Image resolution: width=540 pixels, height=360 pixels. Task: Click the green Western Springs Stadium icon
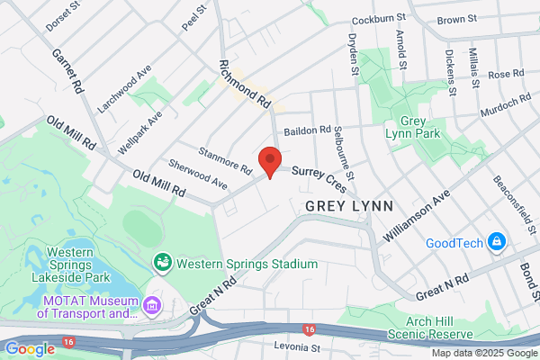(164, 262)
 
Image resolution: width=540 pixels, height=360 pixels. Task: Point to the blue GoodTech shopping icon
(495, 241)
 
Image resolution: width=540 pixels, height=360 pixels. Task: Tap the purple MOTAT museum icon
(151, 308)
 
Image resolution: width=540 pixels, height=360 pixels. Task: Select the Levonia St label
(297, 346)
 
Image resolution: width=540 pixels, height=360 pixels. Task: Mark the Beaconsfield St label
(510, 199)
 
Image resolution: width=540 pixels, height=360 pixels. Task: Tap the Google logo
(30, 349)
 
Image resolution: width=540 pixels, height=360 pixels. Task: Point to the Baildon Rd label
(308, 130)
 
